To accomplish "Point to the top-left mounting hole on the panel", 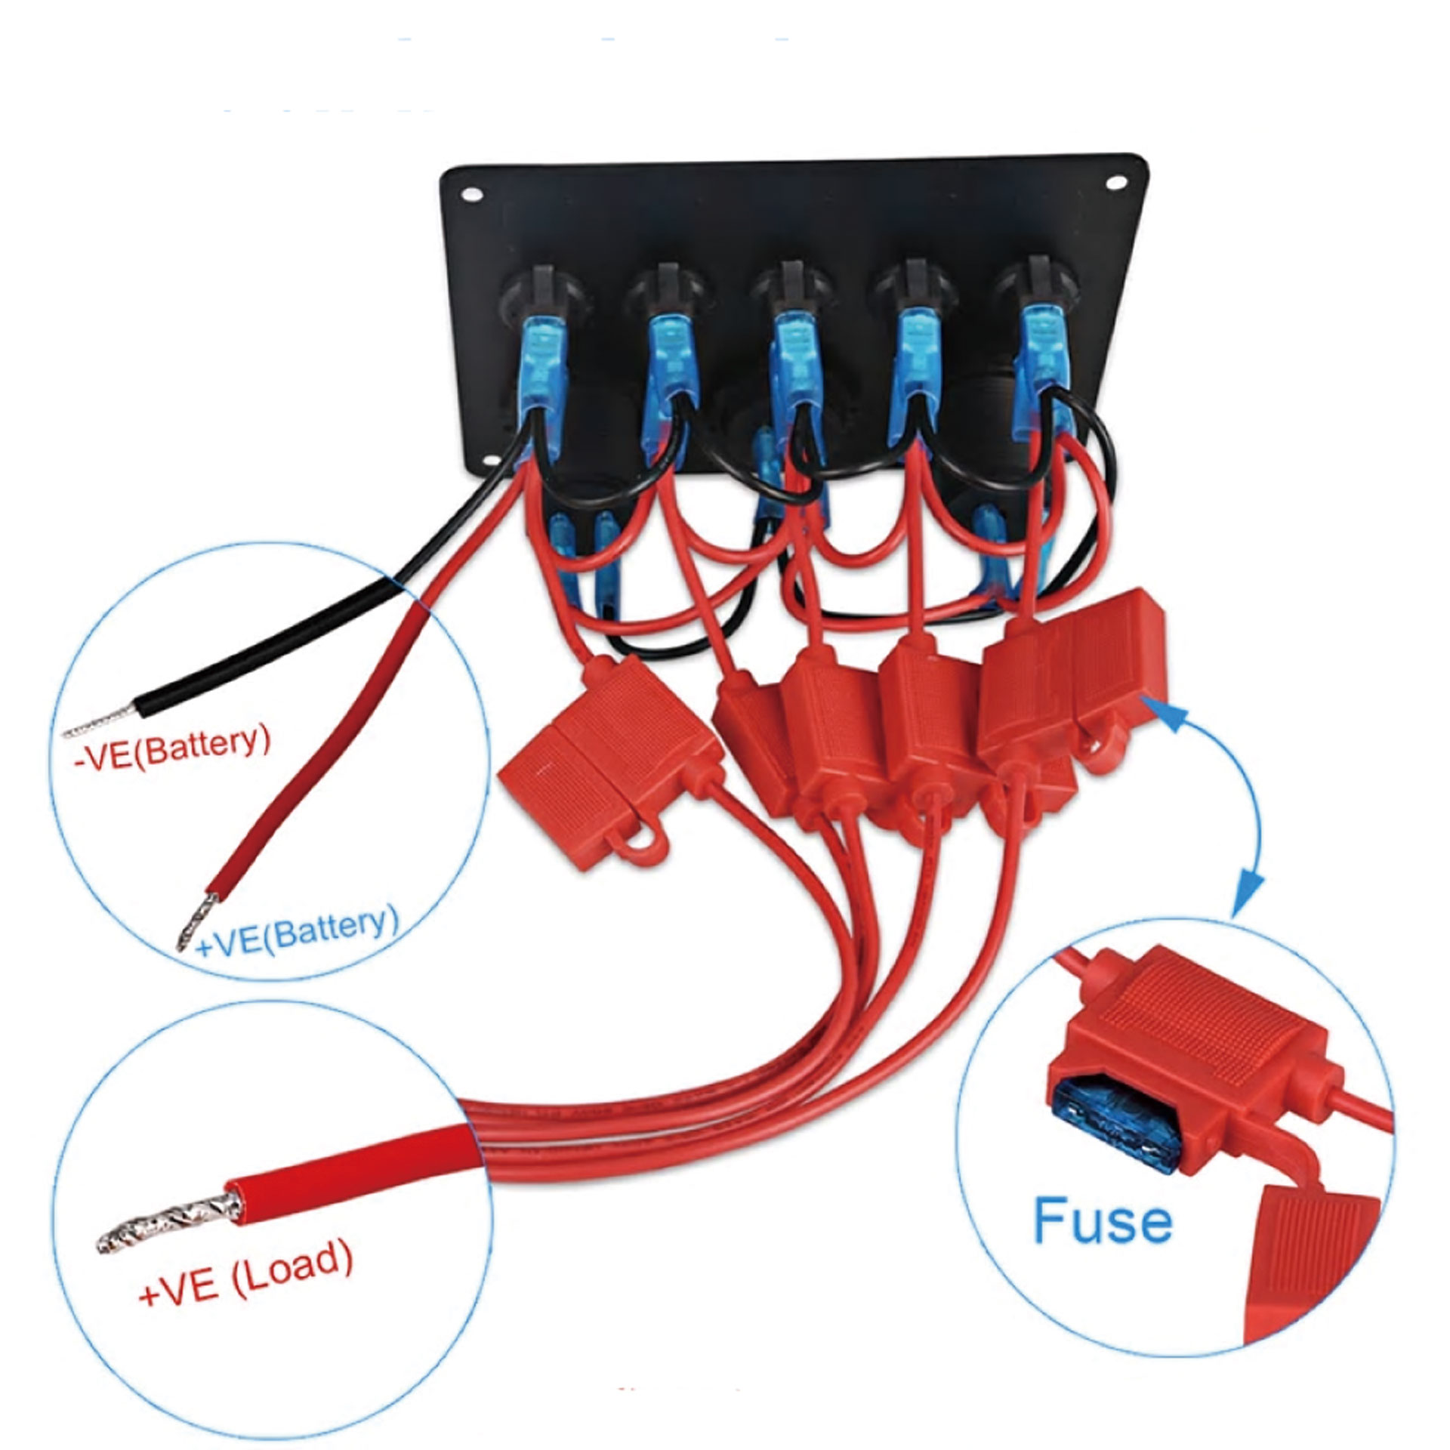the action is [x=472, y=194].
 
